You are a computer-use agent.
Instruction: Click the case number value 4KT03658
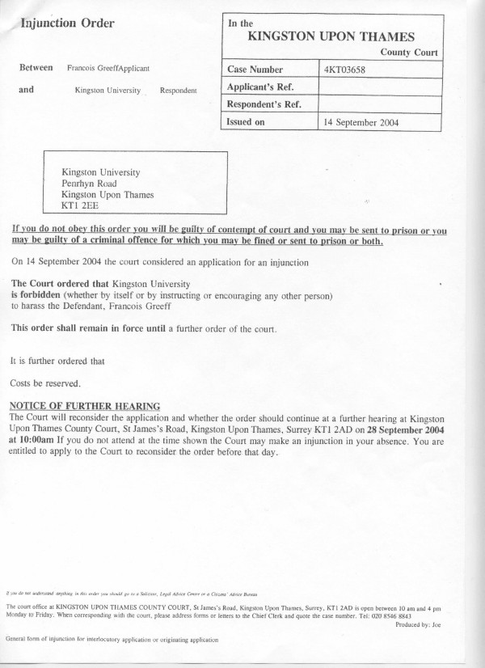(x=346, y=70)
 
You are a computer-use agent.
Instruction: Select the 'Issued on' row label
(x=246, y=122)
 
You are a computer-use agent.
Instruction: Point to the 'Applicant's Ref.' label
(x=260, y=87)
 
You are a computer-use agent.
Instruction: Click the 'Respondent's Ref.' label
(x=264, y=104)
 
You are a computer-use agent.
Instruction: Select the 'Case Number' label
(x=255, y=70)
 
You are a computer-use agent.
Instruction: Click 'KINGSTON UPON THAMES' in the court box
(x=331, y=36)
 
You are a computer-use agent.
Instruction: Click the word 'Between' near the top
(x=36, y=68)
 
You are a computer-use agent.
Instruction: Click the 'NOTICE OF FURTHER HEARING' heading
(x=84, y=405)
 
